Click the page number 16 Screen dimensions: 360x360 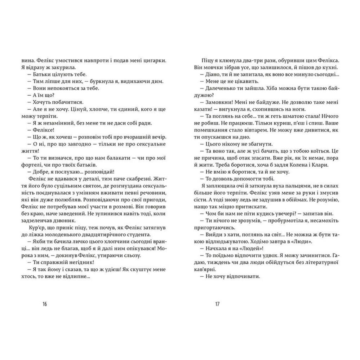coord(44,304)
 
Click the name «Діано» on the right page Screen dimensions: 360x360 coord(211,75)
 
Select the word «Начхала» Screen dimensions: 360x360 coord(214,248)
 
